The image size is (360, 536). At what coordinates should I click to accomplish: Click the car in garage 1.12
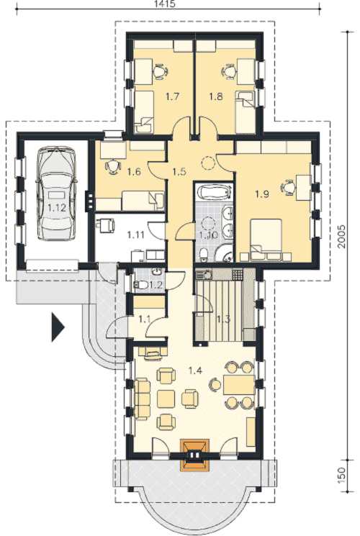pyautogui.click(x=57, y=194)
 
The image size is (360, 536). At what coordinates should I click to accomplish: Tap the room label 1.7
pyautogui.click(x=173, y=96)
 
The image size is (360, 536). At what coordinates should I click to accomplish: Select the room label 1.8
pyautogui.click(x=216, y=96)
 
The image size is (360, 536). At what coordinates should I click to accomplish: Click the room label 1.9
pyautogui.click(x=262, y=194)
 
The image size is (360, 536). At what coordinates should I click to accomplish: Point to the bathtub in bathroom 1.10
pyautogui.click(x=214, y=192)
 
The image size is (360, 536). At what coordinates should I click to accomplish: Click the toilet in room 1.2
pyautogui.click(x=141, y=284)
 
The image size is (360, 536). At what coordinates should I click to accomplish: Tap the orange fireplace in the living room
pyautogui.click(x=194, y=455)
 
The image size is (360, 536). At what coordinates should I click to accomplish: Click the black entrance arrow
pyautogui.click(x=58, y=327)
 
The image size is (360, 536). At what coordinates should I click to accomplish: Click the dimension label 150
pyautogui.click(x=343, y=474)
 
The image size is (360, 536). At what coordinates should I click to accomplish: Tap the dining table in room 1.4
pyautogui.click(x=239, y=385)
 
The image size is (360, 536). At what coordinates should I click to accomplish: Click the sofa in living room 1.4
pyautogui.click(x=143, y=399)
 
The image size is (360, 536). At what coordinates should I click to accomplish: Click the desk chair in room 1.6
pyautogui.click(x=112, y=167)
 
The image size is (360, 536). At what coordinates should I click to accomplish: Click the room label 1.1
pyautogui.click(x=145, y=319)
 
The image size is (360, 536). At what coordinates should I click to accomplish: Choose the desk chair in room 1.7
pyautogui.click(x=160, y=72)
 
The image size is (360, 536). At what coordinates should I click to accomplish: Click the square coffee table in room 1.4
pyautogui.click(x=166, y=399)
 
